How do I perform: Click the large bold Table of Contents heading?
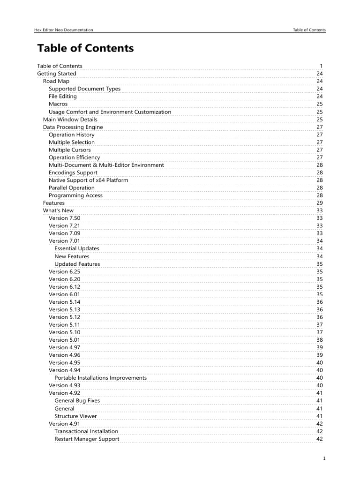coord(85,48)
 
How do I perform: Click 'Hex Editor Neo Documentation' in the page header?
coord(64,30)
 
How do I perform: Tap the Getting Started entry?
coord(56,74)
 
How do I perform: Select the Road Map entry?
coord(56,81)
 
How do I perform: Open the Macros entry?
coord(58,104)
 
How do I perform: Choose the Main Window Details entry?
coord(70,120)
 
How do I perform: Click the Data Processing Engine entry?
coord(73,127)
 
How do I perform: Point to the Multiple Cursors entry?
coord(70,150)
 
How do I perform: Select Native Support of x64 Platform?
coord(88,180)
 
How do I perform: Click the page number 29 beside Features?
coord(319,203)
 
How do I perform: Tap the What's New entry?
coord(58,210)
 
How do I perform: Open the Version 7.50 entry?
coord(64,218)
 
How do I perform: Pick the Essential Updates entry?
coord(77,248)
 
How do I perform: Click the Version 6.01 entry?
coord(64,294)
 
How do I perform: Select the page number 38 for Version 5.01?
coord(319,340)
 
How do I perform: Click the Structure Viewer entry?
coord(75,416)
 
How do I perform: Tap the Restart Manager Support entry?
coord(87,439)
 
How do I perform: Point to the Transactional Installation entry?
coord(86,431)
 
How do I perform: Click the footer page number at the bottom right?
coord(324,458)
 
